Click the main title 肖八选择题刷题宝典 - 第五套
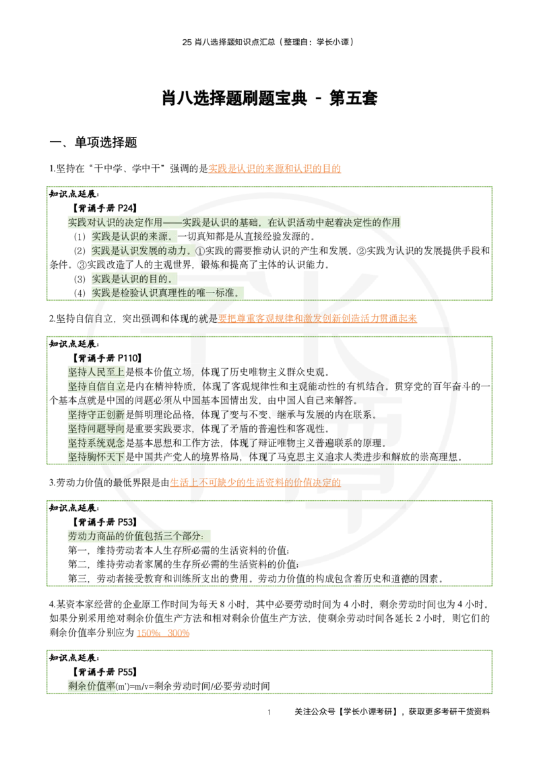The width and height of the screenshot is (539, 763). click(x=269, y=98)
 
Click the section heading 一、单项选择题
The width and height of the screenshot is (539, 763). click(x=94, y=142)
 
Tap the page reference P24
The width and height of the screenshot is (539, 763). click(x=127, y=208)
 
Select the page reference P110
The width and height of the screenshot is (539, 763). click(x=129, y=358)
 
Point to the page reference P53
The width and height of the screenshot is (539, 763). click(x=127, y=522)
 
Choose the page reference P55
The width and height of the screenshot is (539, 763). click(x=127, y=672)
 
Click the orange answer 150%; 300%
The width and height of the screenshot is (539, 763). click(x=163, y=633)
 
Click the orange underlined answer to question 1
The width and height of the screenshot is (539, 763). click(x=274, y=169)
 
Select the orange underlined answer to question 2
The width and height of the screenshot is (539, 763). click(x=317, y=319)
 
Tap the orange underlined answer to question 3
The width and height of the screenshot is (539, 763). click(x=255, y=483)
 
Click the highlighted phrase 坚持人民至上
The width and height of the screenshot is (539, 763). click(x=96, y=372)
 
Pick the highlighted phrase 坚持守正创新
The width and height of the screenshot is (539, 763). click(x=96, y=415)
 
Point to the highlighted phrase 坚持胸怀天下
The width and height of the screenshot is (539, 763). click(x=96, y=457)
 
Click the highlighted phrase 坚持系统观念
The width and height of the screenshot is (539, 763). click(x=96, y=443)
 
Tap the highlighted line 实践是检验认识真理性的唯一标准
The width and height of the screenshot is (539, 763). click(x=166, y=293)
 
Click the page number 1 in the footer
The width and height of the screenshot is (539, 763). click(x=269, y=712)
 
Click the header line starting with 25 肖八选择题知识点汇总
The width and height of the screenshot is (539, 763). click(x=268, y=42)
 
